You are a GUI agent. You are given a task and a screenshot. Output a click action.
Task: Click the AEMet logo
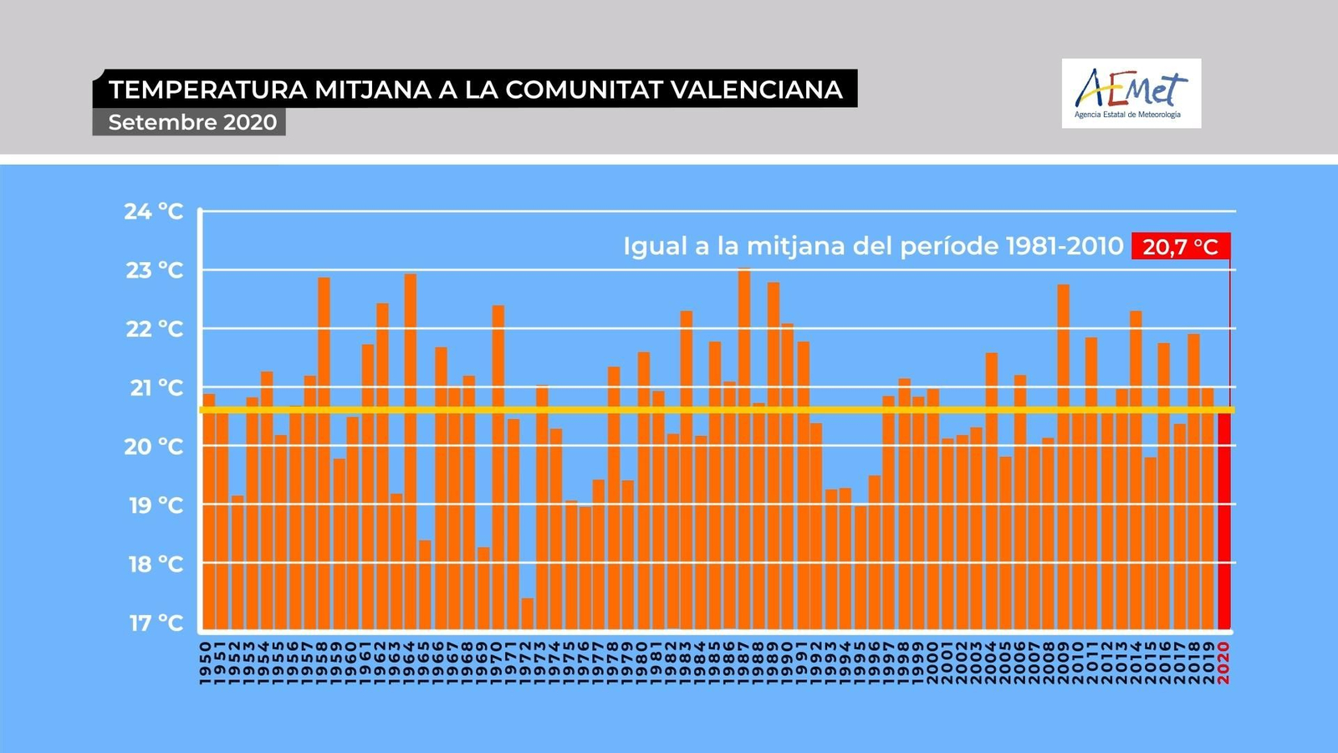[x=1131, y=93]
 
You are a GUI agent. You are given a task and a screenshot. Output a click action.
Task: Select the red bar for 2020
[x=1223, y=519]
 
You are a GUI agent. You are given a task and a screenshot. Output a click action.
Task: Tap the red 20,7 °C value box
[x=1180, y=247]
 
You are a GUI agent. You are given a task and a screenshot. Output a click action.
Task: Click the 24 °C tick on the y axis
[x=154, y=212]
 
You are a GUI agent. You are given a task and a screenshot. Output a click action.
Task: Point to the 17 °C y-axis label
[x=156, y=623]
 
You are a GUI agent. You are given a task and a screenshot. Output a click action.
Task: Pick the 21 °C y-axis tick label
[x=156, y=388]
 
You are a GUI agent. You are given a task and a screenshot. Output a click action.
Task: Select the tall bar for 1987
[x=744, y=452]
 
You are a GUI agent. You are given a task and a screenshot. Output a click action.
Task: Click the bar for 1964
[x=411, y=452]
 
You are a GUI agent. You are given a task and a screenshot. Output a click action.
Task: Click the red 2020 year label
[x=1223, y=663]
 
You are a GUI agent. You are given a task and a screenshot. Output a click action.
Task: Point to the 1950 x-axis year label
[x=206, y=663]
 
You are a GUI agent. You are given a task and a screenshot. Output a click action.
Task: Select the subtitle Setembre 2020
[x=192, y=122]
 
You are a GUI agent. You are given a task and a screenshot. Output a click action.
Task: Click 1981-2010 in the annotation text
[x=1065, y=246]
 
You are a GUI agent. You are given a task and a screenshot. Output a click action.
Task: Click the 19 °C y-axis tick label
[x=156, y=505]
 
